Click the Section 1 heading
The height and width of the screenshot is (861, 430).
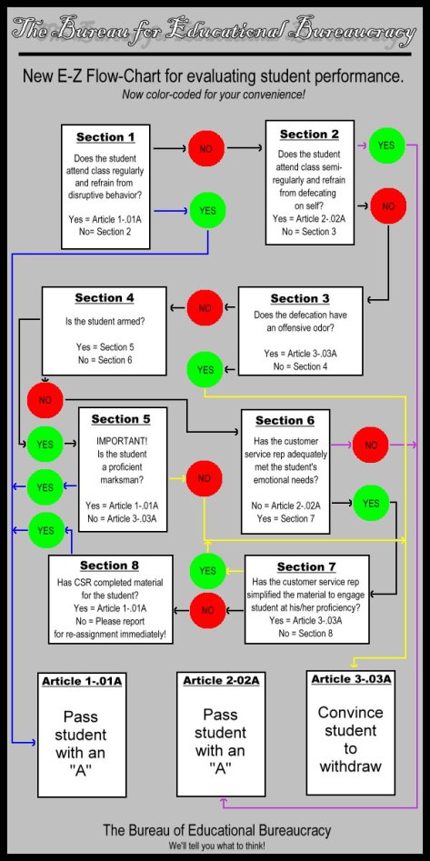[105, 137]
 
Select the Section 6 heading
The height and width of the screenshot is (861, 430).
[285, 420]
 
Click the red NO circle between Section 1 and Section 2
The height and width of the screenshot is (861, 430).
[206, 147]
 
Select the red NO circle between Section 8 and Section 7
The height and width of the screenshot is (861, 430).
[207, 608]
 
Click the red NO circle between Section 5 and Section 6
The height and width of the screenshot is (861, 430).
[204, 477]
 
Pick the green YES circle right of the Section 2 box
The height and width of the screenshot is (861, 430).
[386, 145]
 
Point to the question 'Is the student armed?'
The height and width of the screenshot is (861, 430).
[104, 322]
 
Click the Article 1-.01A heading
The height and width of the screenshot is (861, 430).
[81, 681]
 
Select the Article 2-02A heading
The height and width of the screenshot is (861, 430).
[221, 680]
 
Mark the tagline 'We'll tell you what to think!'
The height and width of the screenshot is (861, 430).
[215, 846]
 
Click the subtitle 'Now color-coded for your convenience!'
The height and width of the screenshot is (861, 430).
[214, 95]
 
